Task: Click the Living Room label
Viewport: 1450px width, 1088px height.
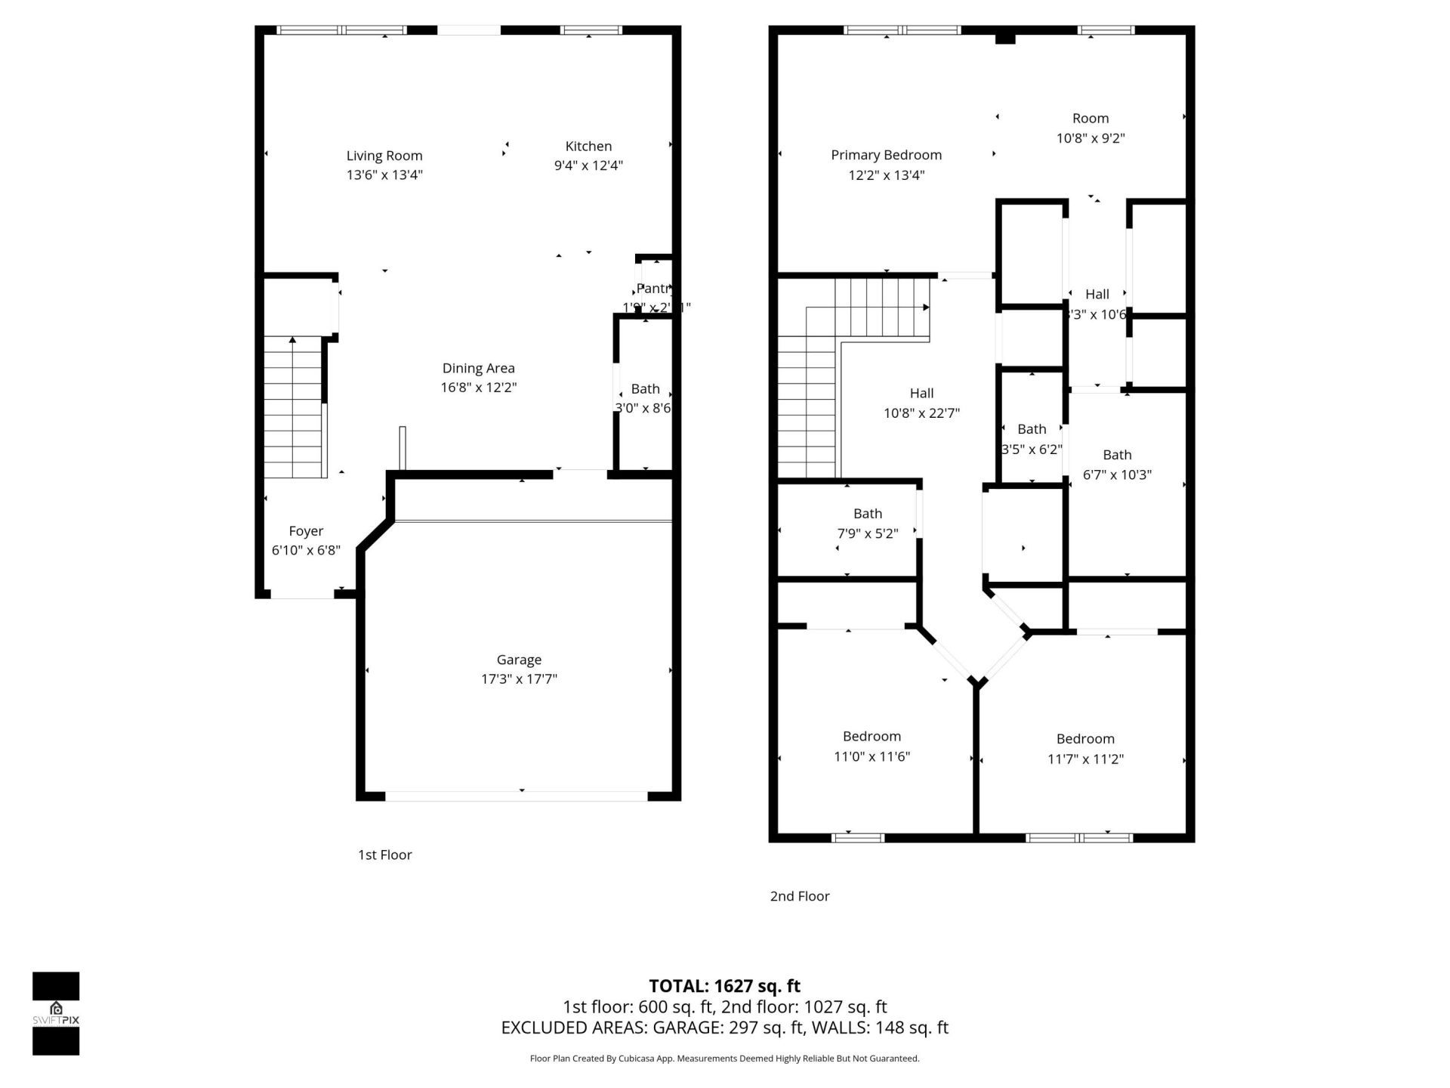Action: (384, 156)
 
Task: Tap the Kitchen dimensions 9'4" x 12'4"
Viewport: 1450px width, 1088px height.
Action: (588, 165)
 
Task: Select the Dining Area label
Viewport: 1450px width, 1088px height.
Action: (478, 368)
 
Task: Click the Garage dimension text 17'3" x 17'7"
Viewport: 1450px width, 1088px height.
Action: (519, 678)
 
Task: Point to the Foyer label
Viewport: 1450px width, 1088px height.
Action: (306, 531)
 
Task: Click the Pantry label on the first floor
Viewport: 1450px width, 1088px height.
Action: (653, 289)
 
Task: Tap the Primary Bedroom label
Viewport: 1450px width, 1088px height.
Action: (886, 155)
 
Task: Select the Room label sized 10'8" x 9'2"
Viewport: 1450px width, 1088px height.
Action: (1091, 119)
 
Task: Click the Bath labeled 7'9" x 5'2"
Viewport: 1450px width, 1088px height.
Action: (868, 514)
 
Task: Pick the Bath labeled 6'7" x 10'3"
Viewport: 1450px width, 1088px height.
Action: (1117, 455)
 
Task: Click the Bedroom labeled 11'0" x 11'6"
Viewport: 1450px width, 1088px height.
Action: (872, 737)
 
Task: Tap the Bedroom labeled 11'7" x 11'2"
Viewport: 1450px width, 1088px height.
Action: (1085, 739)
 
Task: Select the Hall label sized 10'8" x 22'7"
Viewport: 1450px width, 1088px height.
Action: (921, 393)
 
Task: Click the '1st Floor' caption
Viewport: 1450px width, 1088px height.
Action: (384, 855)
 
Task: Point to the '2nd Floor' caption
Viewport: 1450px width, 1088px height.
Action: (800, 896)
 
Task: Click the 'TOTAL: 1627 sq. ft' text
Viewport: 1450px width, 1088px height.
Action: (724, 986)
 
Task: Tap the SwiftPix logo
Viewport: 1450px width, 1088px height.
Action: (56, 1012)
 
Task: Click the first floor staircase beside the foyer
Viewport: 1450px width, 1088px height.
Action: (294, 408)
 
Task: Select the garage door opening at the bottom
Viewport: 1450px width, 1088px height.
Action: (517, 796)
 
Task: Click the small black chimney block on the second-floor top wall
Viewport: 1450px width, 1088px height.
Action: (1004, 37)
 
